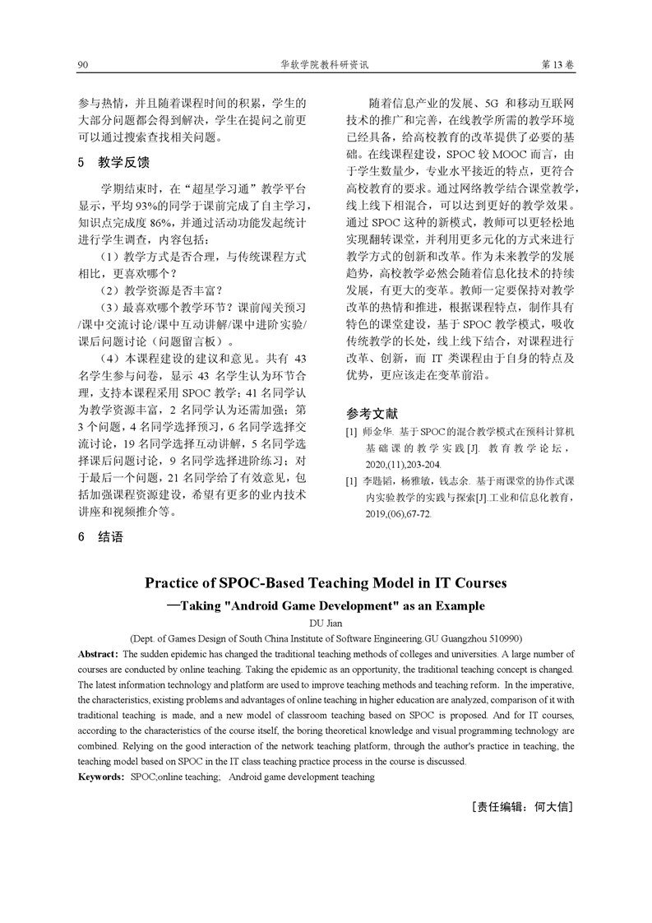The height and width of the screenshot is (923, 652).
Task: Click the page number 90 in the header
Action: tap(82, 64)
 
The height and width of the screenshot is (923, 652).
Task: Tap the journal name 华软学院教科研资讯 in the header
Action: tap(326, 64)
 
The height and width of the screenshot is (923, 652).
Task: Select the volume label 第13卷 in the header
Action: tap(558, 64)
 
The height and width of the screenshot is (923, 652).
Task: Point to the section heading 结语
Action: tap(110, 537)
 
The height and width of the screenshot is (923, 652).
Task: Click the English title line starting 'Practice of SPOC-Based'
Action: tap(326, 584)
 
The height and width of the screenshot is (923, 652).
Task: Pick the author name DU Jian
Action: tap(326, 623)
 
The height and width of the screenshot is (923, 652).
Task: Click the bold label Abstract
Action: tap(99, 653)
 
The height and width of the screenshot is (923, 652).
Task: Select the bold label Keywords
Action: tap(102, 776)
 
